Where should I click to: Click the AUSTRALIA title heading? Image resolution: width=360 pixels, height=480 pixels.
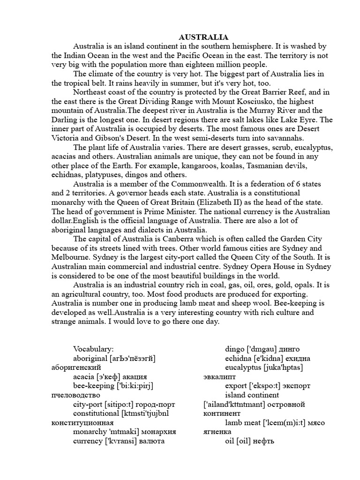click(x=197, y=37)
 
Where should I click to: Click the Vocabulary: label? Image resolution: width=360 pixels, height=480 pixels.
click(x=93, y=349)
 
